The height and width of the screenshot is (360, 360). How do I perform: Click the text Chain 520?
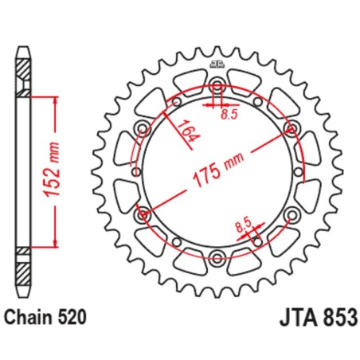(45, 317)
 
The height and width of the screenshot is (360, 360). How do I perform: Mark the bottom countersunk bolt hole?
(217, 256)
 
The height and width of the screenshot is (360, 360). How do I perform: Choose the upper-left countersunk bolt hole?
(143, 128)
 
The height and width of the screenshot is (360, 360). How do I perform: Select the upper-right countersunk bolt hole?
(290, 128)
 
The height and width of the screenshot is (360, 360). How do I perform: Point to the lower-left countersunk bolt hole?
(143, 213)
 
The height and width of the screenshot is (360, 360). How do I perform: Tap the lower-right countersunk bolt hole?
(290, 213)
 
